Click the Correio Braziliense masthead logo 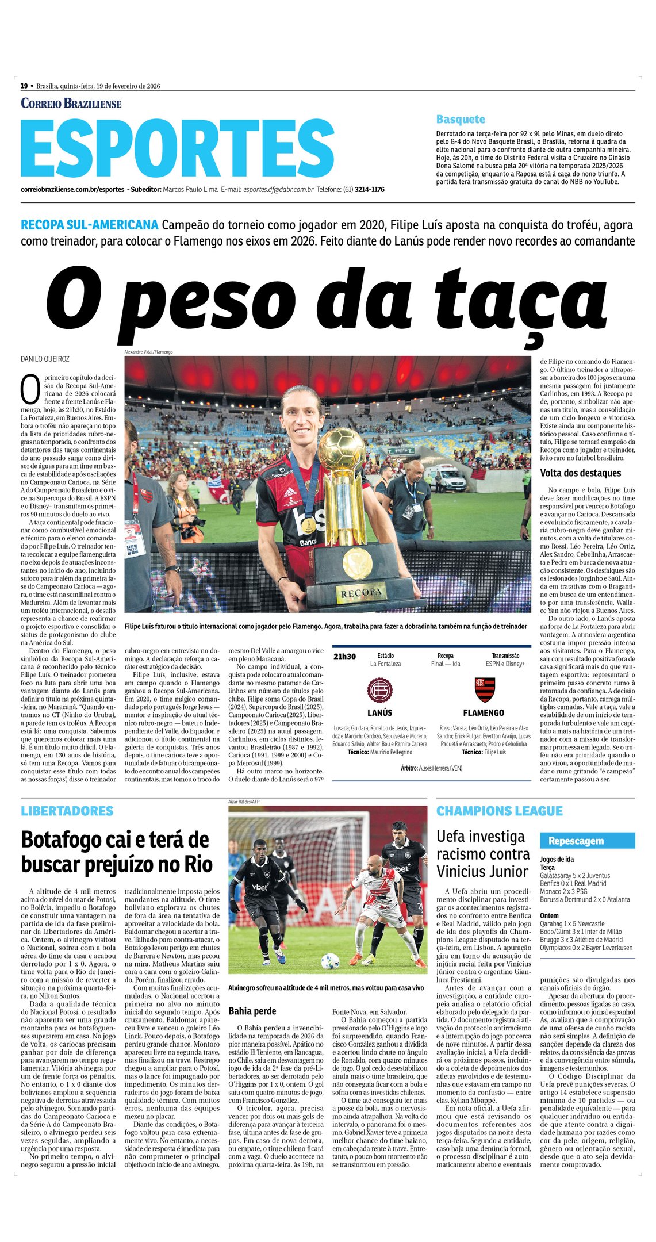[71, 103]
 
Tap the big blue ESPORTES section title [178, 149]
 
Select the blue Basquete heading [461, 120]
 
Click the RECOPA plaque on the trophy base [361, 592]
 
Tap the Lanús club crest [379, 690]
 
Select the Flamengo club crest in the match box [484, 689]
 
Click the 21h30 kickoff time [344, 657]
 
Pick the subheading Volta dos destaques [580, 473]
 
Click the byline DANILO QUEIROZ [45, 359]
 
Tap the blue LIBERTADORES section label [67, 811]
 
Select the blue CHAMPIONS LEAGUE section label [499, 811]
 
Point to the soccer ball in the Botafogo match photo [330, 961]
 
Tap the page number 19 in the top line [24, 86]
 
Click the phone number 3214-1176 [369, 190]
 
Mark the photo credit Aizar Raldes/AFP [244, 802]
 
